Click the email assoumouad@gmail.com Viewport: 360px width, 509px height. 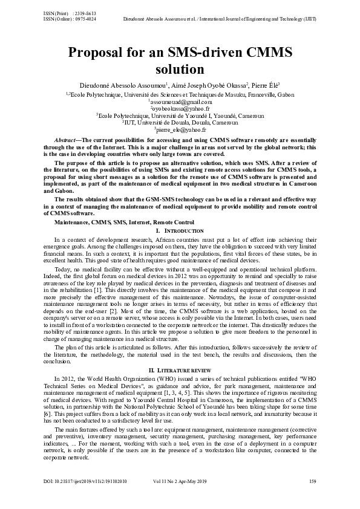pos(180,103)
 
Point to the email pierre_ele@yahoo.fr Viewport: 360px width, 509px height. pos(180,129)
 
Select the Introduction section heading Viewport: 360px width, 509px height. pos(183,231)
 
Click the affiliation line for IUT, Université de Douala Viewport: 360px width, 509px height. pos(180,122)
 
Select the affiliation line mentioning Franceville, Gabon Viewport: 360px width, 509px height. pos(180,95)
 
